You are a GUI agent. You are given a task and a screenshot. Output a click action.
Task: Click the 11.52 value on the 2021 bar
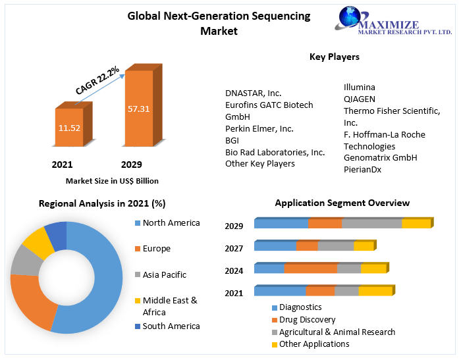click(69, 128)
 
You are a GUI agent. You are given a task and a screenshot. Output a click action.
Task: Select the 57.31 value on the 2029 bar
click(139, 108)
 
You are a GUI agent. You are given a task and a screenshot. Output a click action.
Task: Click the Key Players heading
click(335, 57)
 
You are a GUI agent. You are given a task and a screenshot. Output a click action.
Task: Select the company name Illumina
click(360, 87)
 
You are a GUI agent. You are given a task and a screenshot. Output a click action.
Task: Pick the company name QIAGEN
click(360, 99)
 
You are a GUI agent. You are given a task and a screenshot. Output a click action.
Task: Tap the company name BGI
click(232, 140)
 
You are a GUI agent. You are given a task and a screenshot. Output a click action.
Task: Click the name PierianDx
click(362, 169)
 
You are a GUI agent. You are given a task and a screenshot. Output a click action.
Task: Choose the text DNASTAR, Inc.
click(253, 93)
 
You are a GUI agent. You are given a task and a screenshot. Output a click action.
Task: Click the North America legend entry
click(171, 222)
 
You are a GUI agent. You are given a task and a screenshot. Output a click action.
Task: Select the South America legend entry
click(171, 326)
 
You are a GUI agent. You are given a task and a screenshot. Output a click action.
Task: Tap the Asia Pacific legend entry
click(164, 274)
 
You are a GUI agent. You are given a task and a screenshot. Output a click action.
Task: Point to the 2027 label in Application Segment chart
click(234, 248)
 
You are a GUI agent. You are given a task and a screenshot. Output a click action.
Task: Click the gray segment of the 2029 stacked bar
click(371, 224)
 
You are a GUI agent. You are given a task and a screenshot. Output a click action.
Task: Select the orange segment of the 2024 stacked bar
click(310, 269)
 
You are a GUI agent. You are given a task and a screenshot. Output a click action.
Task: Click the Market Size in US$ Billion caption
click(112, 181)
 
